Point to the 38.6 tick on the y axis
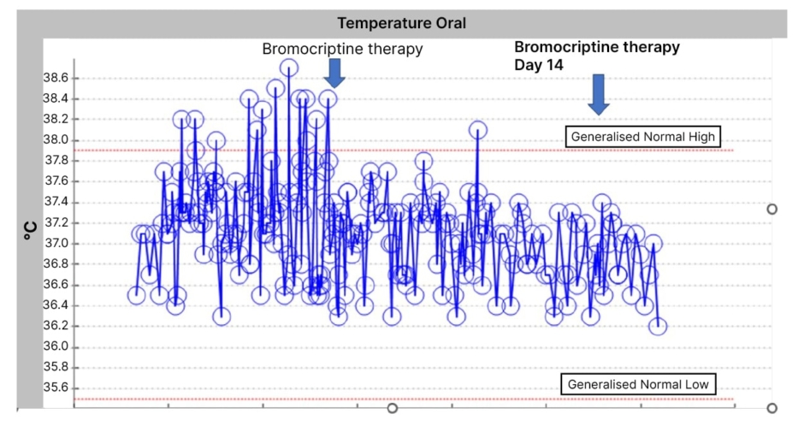[56, 78]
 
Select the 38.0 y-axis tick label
[56, 140]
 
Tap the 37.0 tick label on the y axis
[56, 244]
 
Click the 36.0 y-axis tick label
[56, 347]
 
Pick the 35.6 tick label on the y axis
[56, 388]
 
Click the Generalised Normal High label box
[642, 137]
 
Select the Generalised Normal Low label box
[638, 385]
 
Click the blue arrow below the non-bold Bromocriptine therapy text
[334, 72]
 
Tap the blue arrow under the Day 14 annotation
[599, 94]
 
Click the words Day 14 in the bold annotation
[539, 65]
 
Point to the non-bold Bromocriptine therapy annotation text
[342, 49]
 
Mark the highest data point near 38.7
[289, 68]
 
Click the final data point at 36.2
[658, 326]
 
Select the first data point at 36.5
[136, 295]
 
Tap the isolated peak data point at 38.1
[477, 130]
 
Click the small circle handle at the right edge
[772, 209]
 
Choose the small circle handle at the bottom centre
[393, 409]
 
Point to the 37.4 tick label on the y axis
[56, 203]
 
